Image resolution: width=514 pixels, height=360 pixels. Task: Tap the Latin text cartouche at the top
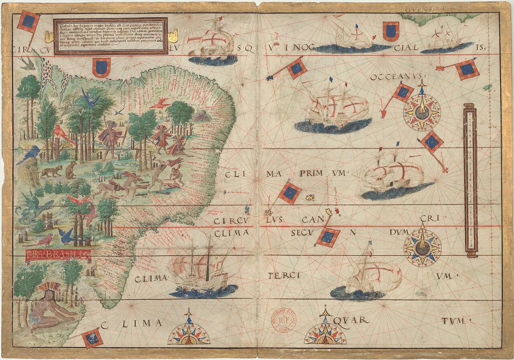coord(110,36)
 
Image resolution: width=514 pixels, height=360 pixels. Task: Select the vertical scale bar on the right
coord(470,180)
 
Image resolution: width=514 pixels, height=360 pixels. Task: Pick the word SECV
coord(305,232)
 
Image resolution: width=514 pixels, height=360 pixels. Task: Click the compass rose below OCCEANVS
coord(422,110)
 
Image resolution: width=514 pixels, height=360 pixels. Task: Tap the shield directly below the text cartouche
coord(100,67)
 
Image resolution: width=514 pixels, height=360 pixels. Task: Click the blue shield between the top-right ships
coord(390,31)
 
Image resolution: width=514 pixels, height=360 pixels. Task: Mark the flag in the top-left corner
coord(28,22)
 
